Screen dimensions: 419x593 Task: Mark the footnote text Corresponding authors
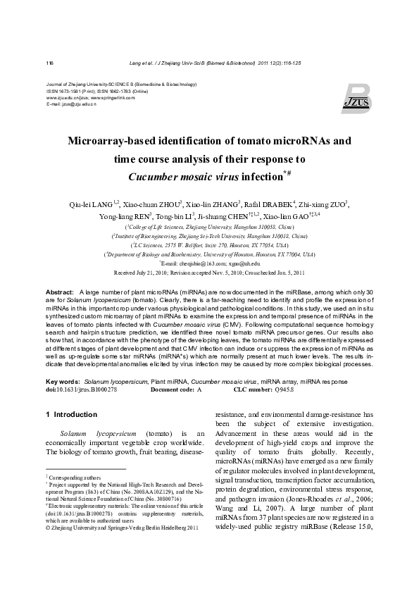click(x=73, y=477)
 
